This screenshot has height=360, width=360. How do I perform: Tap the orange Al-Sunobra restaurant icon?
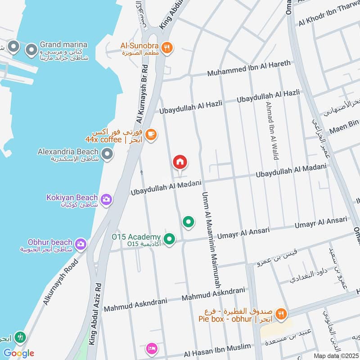pos(166,48)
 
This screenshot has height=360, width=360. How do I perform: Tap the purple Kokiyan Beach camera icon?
pos(106,199)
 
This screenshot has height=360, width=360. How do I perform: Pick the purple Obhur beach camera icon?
pos(81,244)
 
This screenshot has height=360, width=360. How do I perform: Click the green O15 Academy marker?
pos(169,239)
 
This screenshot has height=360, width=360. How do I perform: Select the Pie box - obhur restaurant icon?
pos(281,314)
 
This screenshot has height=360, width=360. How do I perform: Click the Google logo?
pos(18,353)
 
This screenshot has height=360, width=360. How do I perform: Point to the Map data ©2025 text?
pos(335,355)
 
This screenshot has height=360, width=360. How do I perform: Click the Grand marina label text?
pos(63,45)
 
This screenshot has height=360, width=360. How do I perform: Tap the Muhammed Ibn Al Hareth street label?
pos(249,66)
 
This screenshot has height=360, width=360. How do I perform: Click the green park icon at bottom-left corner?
pos(19,337)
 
